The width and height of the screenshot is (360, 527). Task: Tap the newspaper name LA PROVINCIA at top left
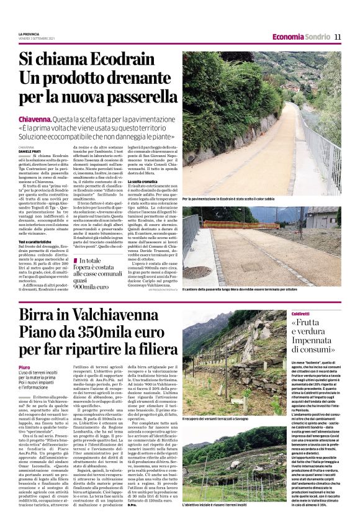pos(29,34)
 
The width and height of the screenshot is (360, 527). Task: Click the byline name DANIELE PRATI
pos(32,151)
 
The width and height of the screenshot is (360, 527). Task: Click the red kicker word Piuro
pos(24,367)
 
